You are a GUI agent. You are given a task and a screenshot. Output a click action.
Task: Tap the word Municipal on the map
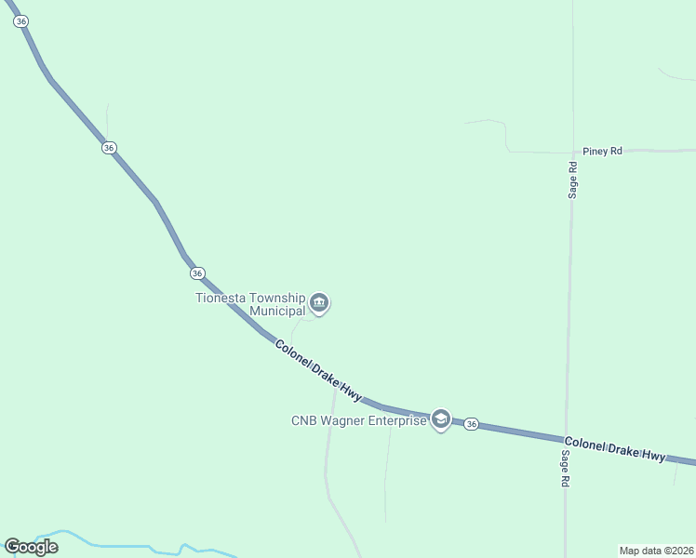(x=276, y=311)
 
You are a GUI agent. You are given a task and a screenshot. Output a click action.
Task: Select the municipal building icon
(x=319, y=302)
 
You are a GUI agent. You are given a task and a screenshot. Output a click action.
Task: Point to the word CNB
(x=305, y=420)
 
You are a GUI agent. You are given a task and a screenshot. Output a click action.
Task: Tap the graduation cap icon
(x=440, y=420)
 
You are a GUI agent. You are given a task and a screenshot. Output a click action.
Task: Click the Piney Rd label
(x=602, y=151)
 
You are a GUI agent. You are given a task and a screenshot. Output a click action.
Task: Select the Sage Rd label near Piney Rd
(x=573, y=179)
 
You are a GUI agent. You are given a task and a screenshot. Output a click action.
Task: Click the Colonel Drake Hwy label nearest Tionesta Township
(x=318, y=370)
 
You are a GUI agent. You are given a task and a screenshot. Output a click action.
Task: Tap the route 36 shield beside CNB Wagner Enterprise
(x=472, y=424)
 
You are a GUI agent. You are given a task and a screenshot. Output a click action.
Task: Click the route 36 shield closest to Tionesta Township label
(x=196, y=272)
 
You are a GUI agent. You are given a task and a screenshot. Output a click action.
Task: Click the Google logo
(x=31, y=546)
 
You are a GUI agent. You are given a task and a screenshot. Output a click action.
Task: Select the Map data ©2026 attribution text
(x=656, y=550)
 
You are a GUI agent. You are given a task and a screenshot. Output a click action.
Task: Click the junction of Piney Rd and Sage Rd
(x=571, y=152)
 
